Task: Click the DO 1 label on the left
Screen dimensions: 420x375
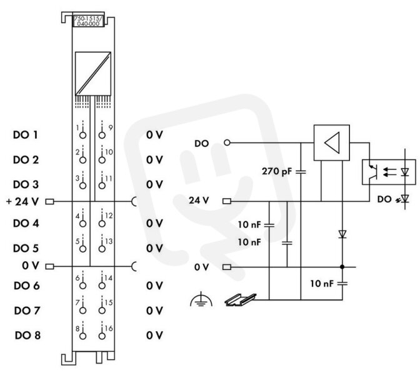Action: pos(26,135)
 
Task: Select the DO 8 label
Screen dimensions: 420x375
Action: pos(27,336)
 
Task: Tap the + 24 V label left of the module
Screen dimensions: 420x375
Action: pos(22,201)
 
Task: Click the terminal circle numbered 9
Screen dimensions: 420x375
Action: pos(102,135)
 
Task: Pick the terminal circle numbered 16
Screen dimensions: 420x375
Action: pos(102,336)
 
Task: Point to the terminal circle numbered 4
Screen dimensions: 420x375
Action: pos(82,223)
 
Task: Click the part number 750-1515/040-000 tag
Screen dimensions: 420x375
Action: pos(88,21)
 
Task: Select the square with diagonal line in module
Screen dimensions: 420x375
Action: pos(93,73)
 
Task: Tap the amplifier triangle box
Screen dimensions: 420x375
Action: pos(332,142)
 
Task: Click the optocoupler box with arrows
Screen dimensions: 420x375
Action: pos(389,172)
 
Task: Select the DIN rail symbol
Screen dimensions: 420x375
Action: pos(240,300)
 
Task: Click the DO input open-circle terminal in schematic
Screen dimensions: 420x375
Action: pos(227,142)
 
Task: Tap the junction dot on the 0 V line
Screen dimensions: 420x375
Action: pos(342,267)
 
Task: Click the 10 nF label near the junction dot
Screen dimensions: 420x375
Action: pos(322,283)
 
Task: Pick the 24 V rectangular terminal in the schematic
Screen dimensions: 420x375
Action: pos(227,201)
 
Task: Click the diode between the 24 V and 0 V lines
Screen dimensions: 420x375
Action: pos(342,234)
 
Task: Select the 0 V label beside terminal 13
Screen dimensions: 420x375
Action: pos(154,248)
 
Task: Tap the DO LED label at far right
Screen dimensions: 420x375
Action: pos(384,199)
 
